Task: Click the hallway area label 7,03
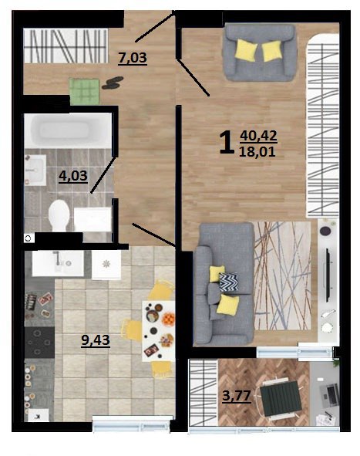click(x=133, y=57)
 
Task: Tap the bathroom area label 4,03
click(x=73, y=176)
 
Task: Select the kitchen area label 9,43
click(x=96, y=339)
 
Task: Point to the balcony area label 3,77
click(x=237, y=396)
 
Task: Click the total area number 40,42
click(x=258, y=136)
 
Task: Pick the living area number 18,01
click(x=257, y=151)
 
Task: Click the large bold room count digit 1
click(x=227, y=142)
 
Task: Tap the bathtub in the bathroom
click(x=69, y=131)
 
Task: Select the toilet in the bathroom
click(x=59, y=215)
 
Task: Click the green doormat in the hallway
click(x=84, y=91)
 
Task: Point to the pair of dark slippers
click(x=113, y=83)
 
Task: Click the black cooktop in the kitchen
click(x=40, y=343)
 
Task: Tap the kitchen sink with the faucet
click(x=58, y=263)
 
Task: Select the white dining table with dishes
click(x=158, y=331)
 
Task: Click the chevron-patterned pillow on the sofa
click(x=229, y=282)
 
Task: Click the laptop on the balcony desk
click(x=329, y=395)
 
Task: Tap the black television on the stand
click(x=328, y=275)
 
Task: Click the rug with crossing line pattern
click(x=283, y=275)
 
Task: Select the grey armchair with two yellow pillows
click(x=260, y=52)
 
